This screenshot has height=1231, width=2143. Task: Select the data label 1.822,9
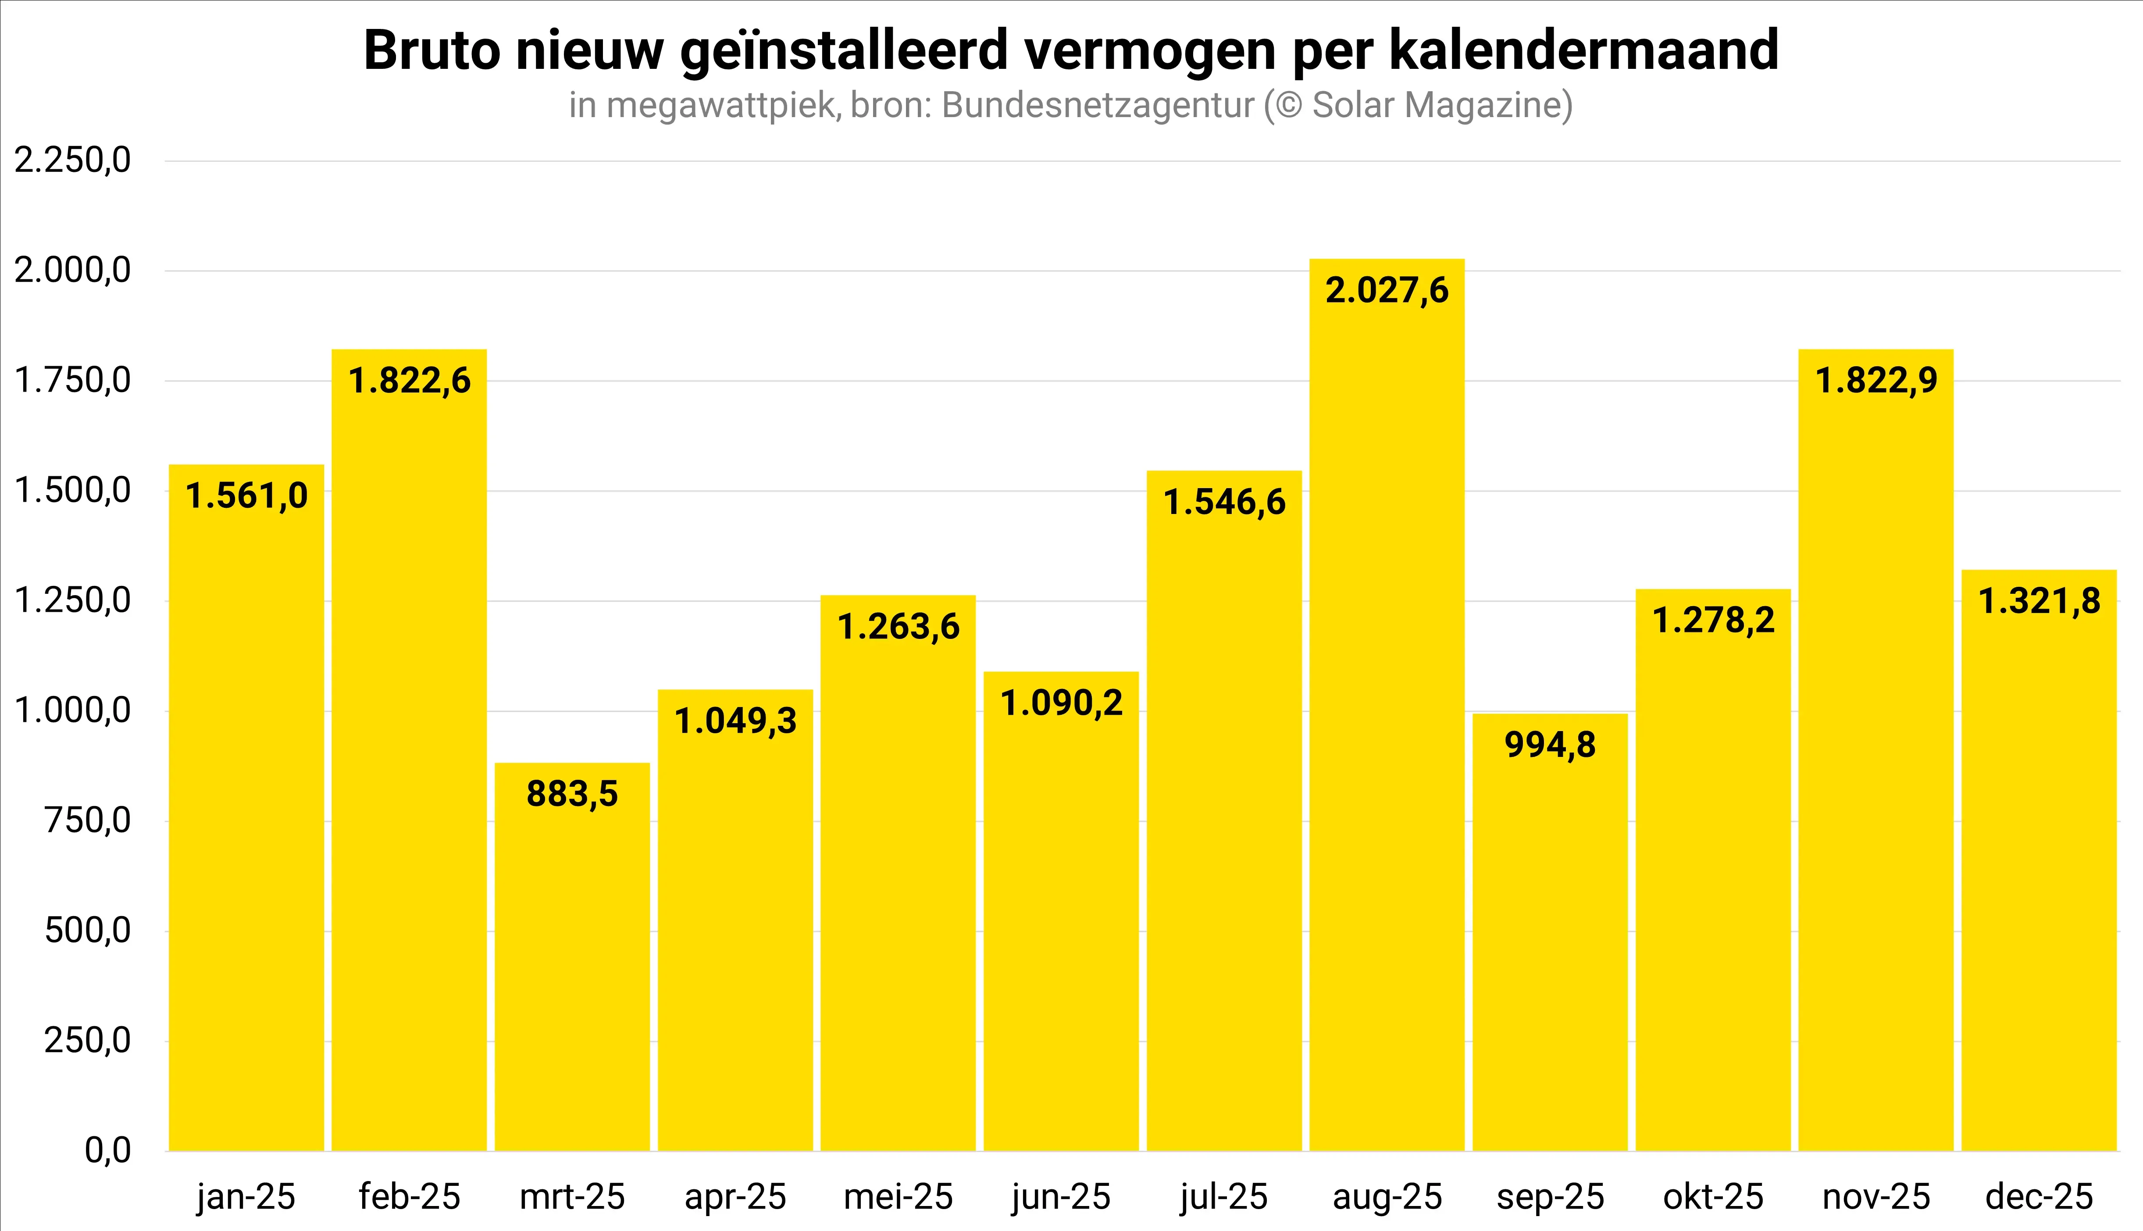click(1876, 381)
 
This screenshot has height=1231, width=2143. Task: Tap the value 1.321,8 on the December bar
click(2039, 601)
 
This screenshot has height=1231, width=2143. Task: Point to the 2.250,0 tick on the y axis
click(73, 160)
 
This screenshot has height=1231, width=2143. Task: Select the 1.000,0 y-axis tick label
click(73, 710)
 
